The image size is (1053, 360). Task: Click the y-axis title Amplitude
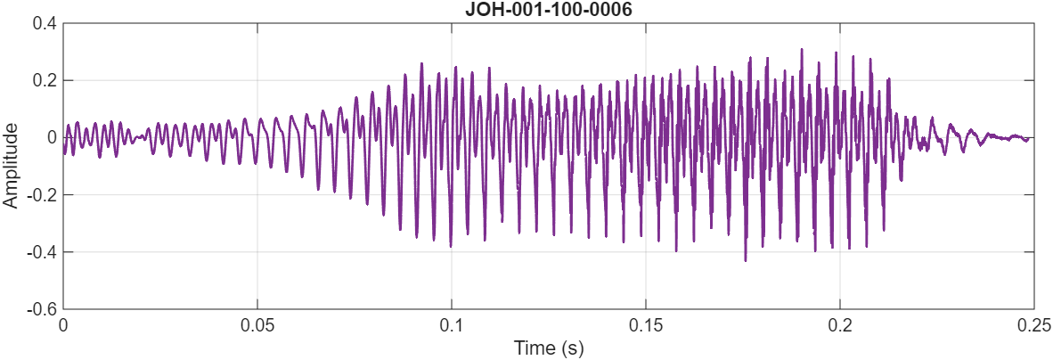point(11,166)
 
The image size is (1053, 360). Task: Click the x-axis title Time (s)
point(548,347)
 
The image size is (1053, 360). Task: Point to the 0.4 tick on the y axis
point(45,23)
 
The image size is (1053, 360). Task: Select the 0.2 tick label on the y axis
point(45,80)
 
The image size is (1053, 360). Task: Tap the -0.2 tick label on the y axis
point(42,194)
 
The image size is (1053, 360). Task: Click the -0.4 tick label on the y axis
point(42,252)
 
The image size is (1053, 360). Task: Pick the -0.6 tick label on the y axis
point(42,309)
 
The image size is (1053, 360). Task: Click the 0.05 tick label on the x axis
point(257,324)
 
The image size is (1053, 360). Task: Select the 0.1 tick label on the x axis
point(452,324)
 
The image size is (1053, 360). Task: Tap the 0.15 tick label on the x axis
point(646,324)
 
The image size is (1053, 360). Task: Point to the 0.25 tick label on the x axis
point(1033,324)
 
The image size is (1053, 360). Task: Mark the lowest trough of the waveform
point(745,260)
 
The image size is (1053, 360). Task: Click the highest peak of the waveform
point(802,50)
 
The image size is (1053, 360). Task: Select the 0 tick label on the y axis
point(52,137)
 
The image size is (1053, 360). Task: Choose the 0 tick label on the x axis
point(63,324)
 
